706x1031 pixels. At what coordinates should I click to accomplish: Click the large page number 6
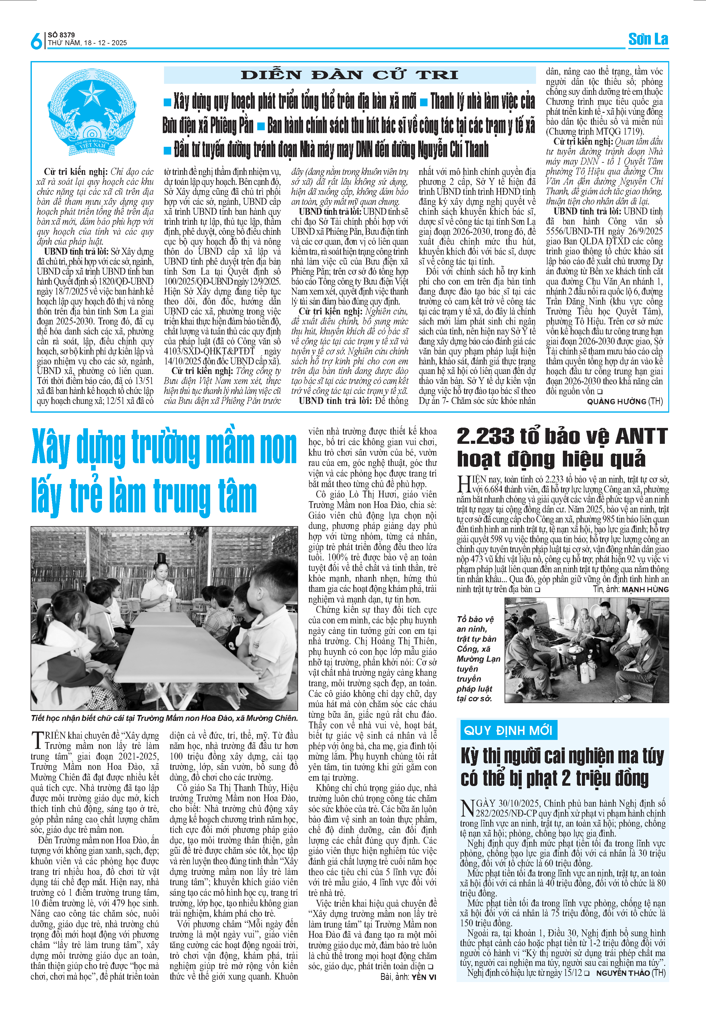pyautogui.click(x=36, y=41)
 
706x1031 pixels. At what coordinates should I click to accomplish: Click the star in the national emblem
pyautogui.click(x=92, y=94)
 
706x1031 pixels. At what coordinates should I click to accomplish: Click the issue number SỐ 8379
pyautogui.click(x=61, y=35)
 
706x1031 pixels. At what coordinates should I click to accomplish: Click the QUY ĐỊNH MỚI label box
pyautogui.click(x=508, y=730)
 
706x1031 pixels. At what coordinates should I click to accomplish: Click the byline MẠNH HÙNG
pyautogui.click(x=645, y=590)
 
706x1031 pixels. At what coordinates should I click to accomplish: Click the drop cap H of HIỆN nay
pyautogui.click(x=464, y=484)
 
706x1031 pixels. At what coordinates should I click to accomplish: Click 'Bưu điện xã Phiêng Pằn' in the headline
pyautogui.click(x=208, y=126)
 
